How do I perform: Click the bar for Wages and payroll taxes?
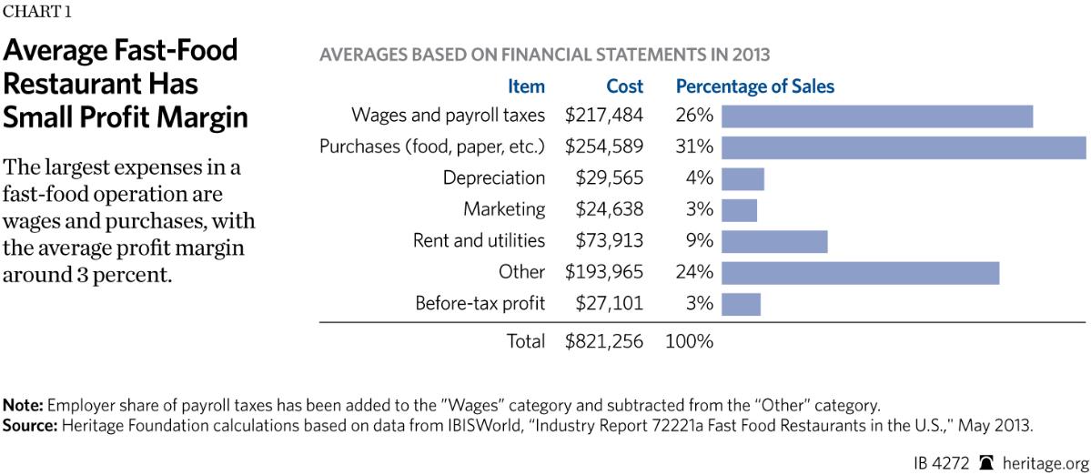coord(877,116)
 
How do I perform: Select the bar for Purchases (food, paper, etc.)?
coord(904,147)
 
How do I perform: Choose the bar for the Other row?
coord(861,272)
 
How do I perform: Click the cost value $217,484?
coord(603,116)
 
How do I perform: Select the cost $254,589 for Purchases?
coord(603,147)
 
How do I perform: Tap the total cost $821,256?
coord(603,342)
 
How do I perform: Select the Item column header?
coord(526,87)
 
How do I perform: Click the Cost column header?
coord(624,87)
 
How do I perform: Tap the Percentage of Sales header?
coord(754,87)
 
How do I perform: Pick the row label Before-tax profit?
coord(480,303)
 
